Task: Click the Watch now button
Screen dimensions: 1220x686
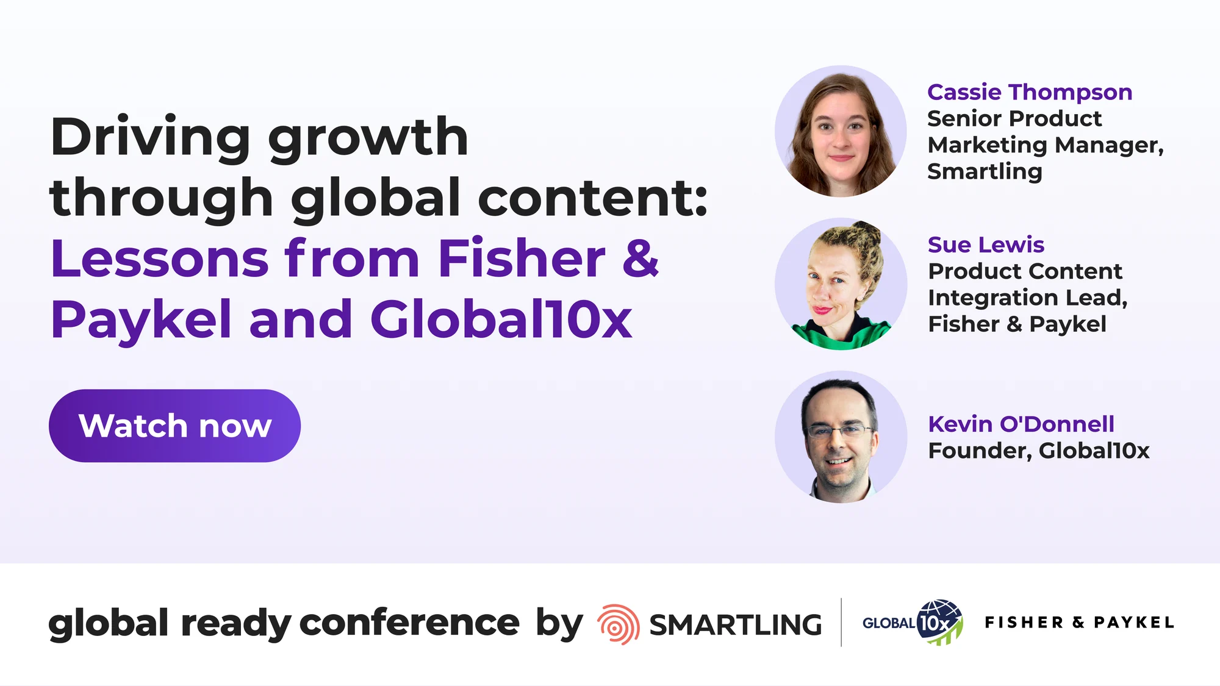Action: pyautogui.click(x=174, y=426)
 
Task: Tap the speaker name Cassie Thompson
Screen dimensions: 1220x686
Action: pyautogui.click(x=1030, y=93)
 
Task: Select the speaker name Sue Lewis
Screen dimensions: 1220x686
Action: pyautogui.click(x=986, y=245)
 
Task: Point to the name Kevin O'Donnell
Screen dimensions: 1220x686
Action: pyautogui.click(x=1021, y=424)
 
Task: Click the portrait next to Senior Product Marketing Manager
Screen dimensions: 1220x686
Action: pyautogui.click(x=841, y=131)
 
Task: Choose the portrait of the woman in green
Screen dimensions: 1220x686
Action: pyautogui.click(x=841, y=284)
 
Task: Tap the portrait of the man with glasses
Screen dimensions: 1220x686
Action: pyautogui.click(x=841, y=437)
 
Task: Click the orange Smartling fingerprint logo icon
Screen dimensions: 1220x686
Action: pyautogui.click(x=618, y=624)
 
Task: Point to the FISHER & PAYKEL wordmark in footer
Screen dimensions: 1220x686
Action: pyautogui.click(x=1079, y=623)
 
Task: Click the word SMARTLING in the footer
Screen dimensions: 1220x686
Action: pyautogui.click(x=735, y=625)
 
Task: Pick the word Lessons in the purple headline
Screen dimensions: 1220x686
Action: pyautogui.click(x=160, y=259)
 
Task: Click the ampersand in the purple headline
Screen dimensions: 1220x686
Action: pyautogui.click(x=640, y=258)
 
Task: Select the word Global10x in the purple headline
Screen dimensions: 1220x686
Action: pyautogui.click(x=501, y=319)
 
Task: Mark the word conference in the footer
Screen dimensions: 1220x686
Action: pyautogui.click(x=409, y=623)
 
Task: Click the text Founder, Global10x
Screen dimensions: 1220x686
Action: pyautogui.click(x=1039, y=451)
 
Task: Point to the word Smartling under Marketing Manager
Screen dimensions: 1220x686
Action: pyautogui.click(x=985, y=171)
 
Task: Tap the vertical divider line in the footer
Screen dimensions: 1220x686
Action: pyautogui.click(x=841, y=622)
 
